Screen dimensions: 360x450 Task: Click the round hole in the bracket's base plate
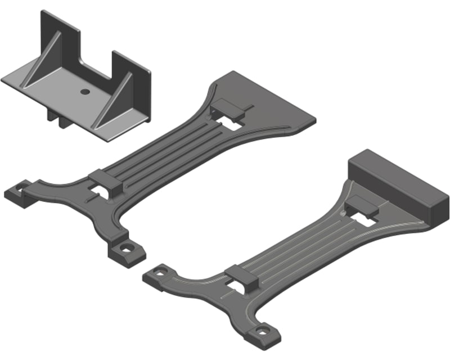(84, 91)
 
